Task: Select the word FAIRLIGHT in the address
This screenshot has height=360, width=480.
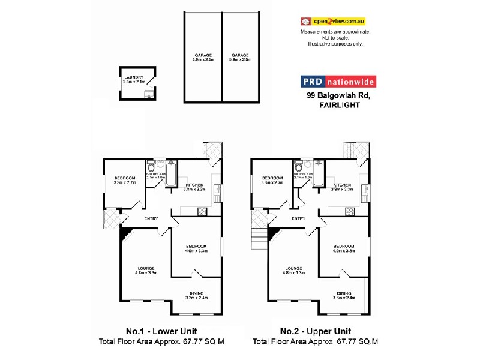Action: (340, 104)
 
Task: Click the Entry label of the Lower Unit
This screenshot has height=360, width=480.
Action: (151, 218)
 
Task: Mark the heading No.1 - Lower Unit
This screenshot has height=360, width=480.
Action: (161, 331)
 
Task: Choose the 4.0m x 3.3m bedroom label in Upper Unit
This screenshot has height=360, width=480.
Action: (344, 248)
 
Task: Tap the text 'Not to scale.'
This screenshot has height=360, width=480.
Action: (335, 37)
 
